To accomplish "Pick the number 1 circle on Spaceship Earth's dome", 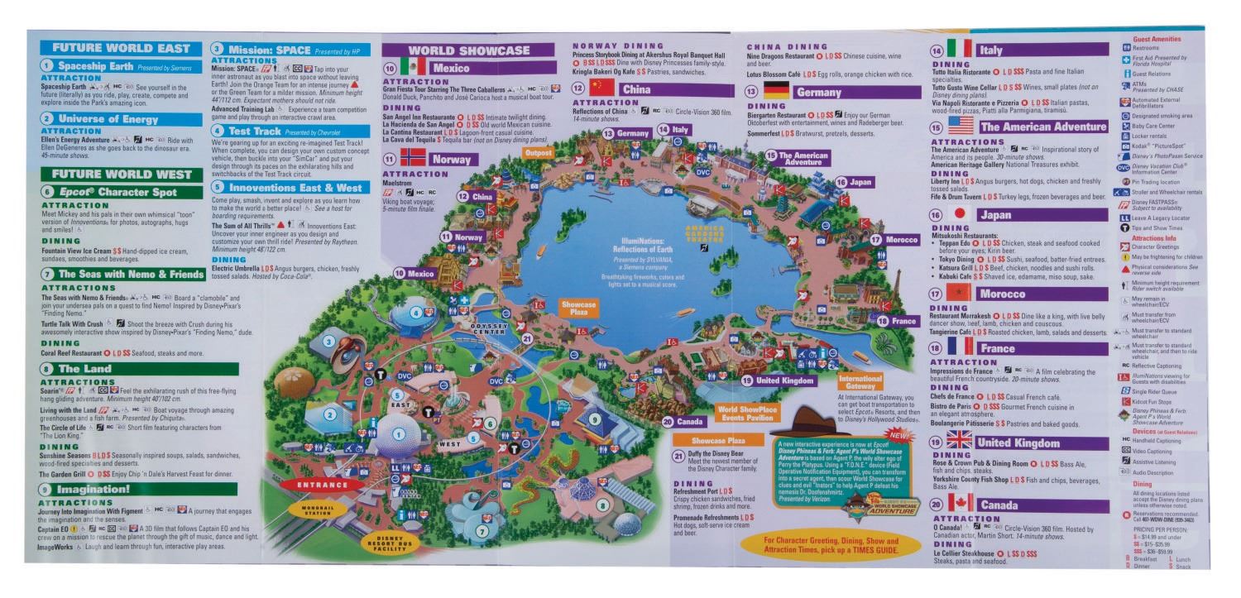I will [x=400, y=433].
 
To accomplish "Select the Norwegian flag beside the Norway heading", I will [x=408, y=159].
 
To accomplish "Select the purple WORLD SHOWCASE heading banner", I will [x=468, y=50].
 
